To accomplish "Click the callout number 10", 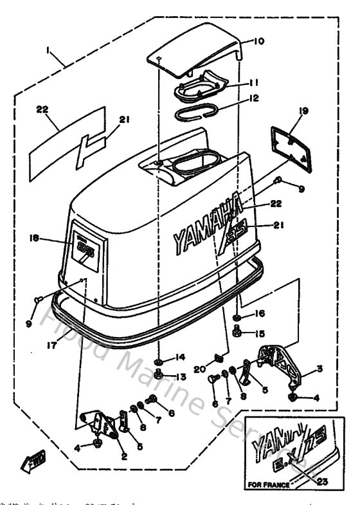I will click(258, 42).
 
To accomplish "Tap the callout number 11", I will click(253, 82).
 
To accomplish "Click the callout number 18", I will click(35, 237).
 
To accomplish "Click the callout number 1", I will click(49, 50).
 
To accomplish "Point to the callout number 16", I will click(260, 313).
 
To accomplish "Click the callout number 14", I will click(181, 357).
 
